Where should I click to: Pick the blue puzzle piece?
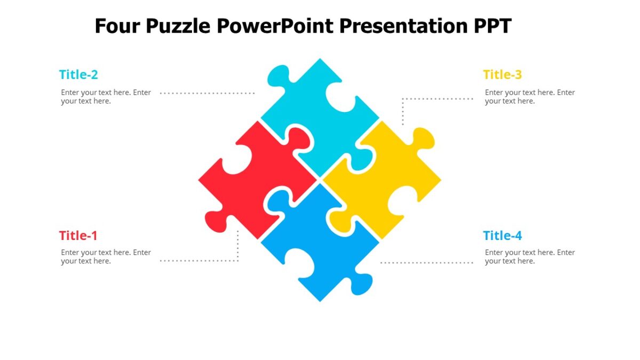[x=320, y=245]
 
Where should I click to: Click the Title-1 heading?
[x=78, y=236]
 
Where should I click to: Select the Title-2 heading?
[x=78, y=75]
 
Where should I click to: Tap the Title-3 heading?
[x=502, y=75]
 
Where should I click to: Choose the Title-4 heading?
[x=502, y=236]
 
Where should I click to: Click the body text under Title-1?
[x=106, y=257]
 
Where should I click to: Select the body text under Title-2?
[x=106, y=97]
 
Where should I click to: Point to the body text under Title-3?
[x=530, y=97]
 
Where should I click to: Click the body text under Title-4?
[x=530, y=257]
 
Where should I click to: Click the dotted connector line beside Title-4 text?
[x=427, y=262]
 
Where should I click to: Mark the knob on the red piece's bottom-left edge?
[x=216, y=222]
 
